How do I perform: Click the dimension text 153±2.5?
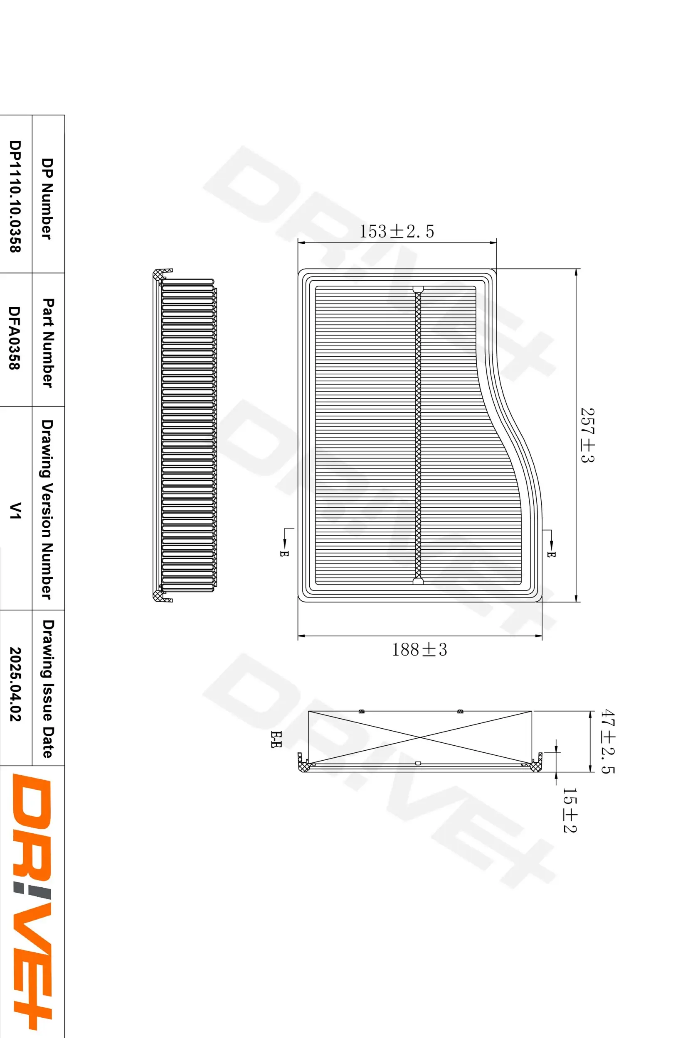(397, 232)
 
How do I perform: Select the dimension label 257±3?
(588, 435)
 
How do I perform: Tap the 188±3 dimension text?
(419, 649)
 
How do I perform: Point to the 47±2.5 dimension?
(607, 742)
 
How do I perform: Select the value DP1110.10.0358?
(15, 196)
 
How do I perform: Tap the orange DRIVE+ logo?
(32, 898)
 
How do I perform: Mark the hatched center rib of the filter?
(418, 436)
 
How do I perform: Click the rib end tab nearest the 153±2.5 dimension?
(418, 289)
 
